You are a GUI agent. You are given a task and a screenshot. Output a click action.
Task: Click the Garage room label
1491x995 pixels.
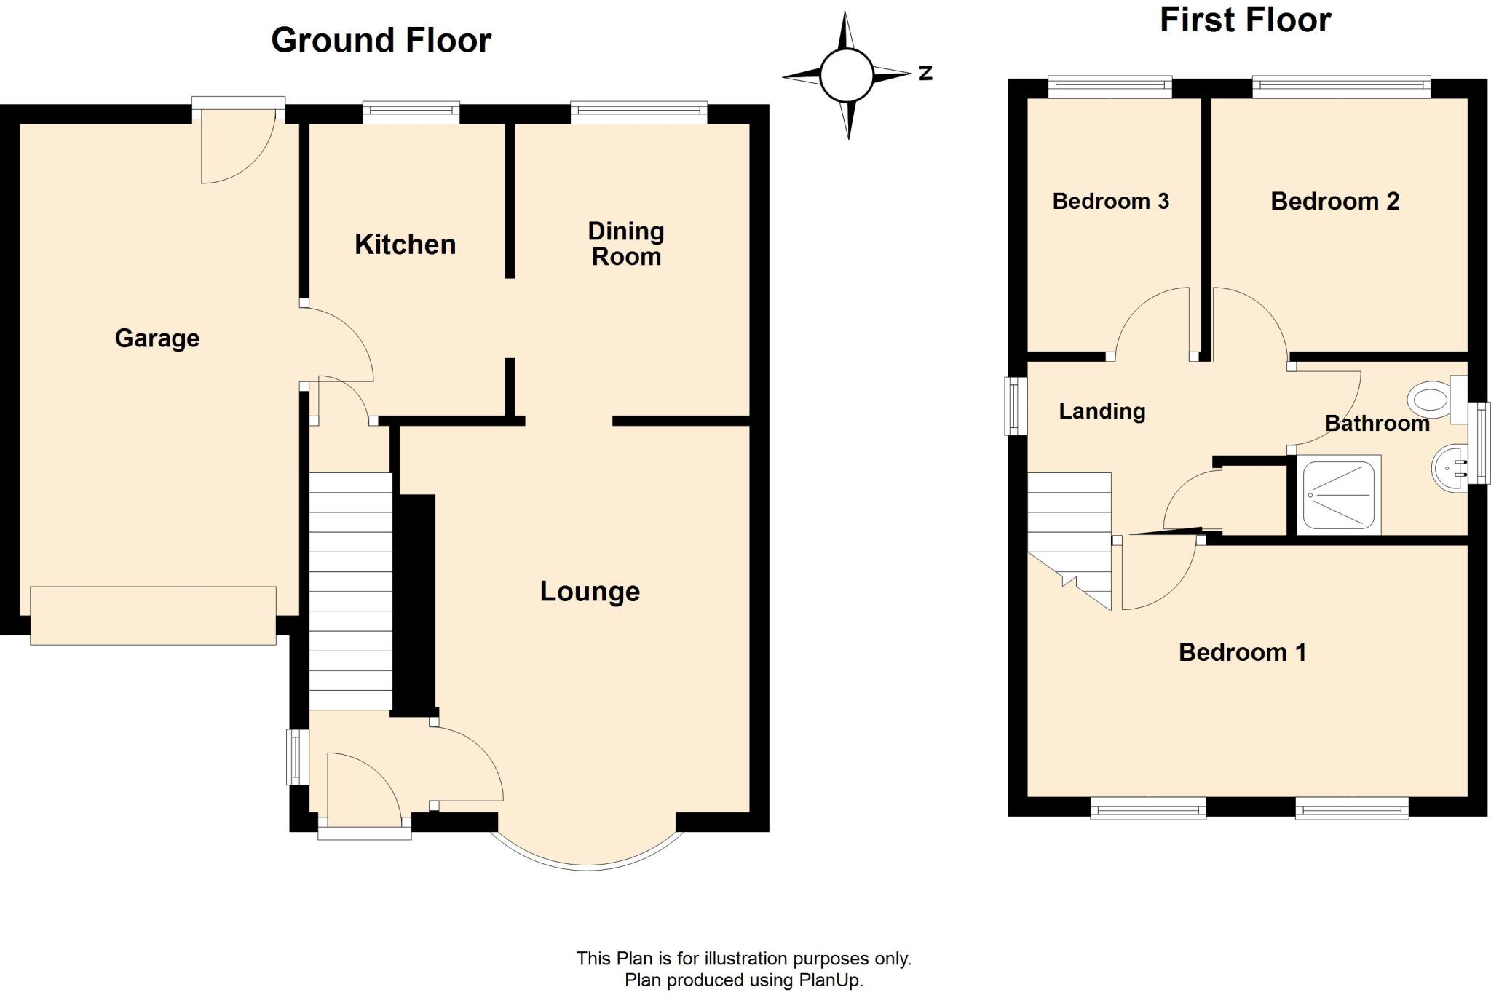[x=157, y=338]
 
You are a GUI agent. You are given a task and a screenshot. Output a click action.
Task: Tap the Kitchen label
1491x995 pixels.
[x=405, y=245]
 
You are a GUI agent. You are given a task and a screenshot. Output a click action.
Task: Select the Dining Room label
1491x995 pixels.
[x=626, y=244]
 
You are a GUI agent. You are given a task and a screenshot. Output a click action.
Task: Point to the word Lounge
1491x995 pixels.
[x=590, y=591]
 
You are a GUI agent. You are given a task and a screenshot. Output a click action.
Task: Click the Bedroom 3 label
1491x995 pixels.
[x=1110, y=201]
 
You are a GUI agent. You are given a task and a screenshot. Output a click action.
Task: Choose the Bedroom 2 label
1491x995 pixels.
[x=1334, y=201]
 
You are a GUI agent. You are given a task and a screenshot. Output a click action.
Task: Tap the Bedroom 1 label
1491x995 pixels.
[x=1242, y=652]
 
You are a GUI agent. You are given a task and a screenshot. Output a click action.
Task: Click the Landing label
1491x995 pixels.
[x=1102, y=411]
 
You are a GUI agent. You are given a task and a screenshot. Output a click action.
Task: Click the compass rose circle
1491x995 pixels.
[x=846, y=75]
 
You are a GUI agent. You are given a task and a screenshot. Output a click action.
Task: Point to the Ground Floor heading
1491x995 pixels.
[x=381, y=40]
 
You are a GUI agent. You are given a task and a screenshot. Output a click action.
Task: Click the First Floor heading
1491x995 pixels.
[x=1245, y=20]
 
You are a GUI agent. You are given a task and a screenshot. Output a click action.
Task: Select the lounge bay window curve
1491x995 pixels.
[x=587, y=866]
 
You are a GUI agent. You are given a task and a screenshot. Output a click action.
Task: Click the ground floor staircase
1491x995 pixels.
[x=350, y=591]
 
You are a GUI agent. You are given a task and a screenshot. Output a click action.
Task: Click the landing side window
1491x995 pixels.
[x=1015, y=405]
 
